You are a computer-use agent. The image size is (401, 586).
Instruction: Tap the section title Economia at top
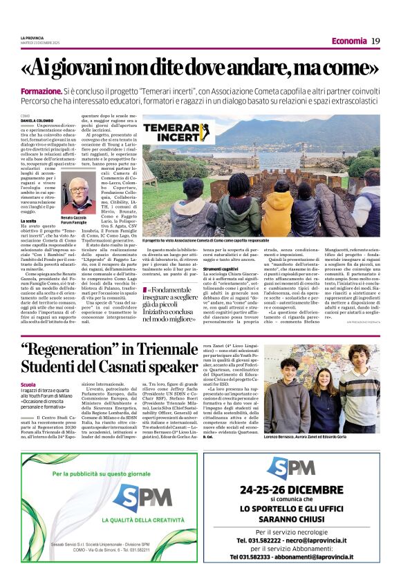click(348, 41)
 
